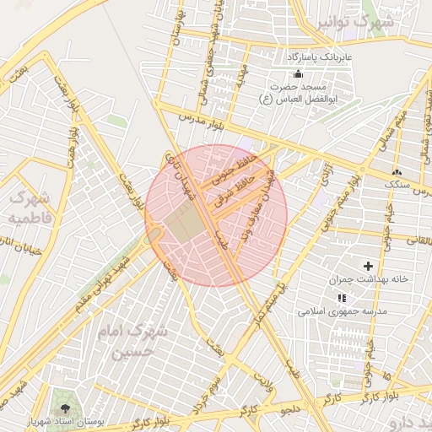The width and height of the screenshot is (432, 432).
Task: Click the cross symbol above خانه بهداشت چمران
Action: pyautogui.click(x=368, y=267)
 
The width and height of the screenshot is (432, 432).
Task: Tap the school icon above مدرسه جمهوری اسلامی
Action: pyautogui.click(x=341, y=299)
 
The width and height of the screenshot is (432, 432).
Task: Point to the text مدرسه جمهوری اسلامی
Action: pyautogui.click(x=342, y=311)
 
